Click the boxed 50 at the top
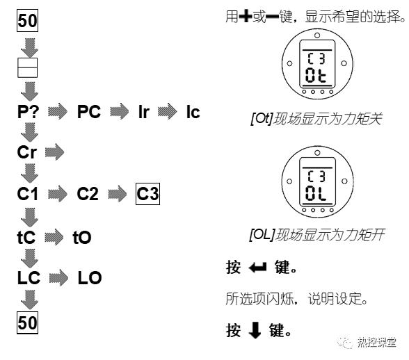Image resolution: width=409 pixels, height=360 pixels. point(27,21)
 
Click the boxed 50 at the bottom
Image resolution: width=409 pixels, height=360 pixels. point(27,322)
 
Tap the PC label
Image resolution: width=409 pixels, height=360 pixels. point(89,112)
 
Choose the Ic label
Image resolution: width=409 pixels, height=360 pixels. point(193,112)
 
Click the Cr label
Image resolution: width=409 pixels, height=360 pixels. point(28,152)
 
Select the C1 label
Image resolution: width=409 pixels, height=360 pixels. point(28,194)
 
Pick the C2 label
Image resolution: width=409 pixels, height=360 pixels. point(89,194)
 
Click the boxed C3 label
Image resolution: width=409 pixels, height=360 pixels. point(147,194)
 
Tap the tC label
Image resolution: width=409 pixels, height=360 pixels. point(26,238)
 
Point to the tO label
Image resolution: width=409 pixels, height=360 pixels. point(82,238)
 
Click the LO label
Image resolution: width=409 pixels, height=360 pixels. point(90,279)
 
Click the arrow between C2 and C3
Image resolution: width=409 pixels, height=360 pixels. point(119,194)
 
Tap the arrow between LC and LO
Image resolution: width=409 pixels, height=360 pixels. point(58,279)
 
